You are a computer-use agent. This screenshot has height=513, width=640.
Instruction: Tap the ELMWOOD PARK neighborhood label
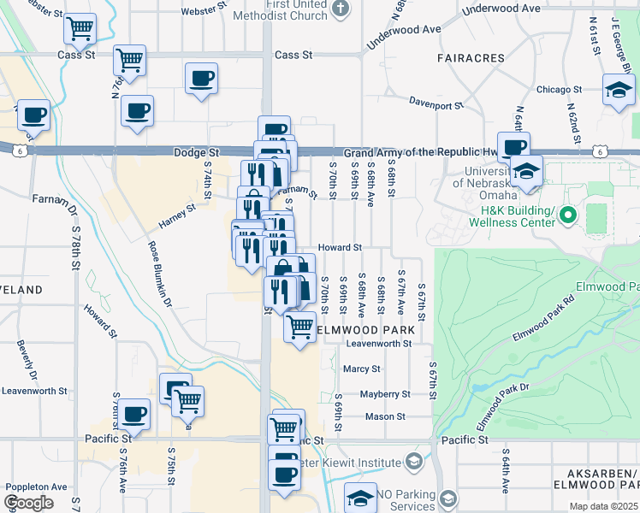tap(366, 329)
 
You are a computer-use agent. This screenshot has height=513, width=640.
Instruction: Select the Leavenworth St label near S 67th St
tap(379, 344)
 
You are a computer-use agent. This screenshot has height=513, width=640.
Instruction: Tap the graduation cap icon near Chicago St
tap(619, 88)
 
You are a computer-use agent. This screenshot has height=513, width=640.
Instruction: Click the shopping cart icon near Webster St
tap(80, 28)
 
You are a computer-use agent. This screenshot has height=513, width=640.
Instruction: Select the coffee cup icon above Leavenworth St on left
tap(133, 415)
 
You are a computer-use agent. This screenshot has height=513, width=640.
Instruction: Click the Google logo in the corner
tap(28, 503)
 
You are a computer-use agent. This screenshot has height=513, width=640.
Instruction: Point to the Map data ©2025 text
tap(604, 506)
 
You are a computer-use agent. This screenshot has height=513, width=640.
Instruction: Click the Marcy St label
tap(361, 369)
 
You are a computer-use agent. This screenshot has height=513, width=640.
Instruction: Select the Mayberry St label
tap(385, 394)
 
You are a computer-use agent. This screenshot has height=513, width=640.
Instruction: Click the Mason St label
tap(385, 417)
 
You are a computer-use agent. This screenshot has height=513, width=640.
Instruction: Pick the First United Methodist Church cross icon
tap(341, 10)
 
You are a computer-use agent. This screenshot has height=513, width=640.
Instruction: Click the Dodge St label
tap(191, 152)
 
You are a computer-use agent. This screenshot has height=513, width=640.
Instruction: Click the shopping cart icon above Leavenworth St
tap(299, 326)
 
